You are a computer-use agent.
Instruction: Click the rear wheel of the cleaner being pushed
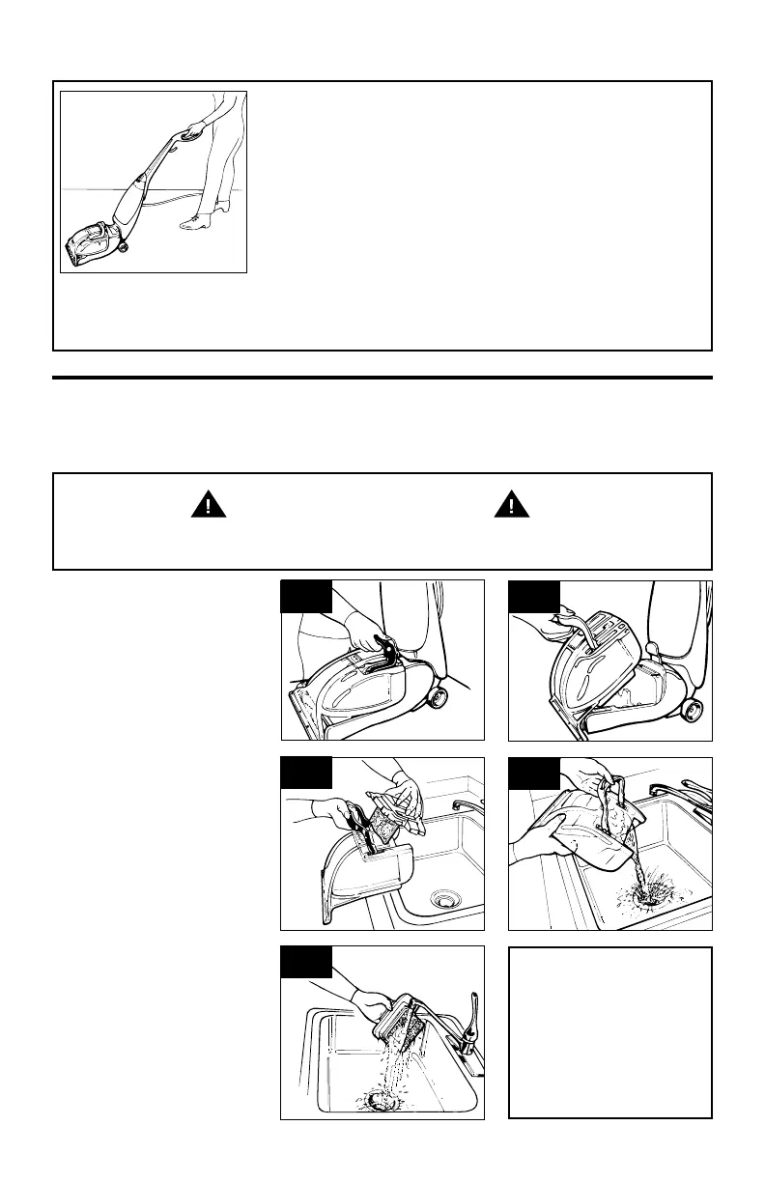[124, 247]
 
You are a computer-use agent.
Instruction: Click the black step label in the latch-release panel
[307, 597]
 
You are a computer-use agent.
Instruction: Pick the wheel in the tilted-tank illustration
[692, 711]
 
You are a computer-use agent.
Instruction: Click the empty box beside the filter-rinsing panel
[610, 1032]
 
